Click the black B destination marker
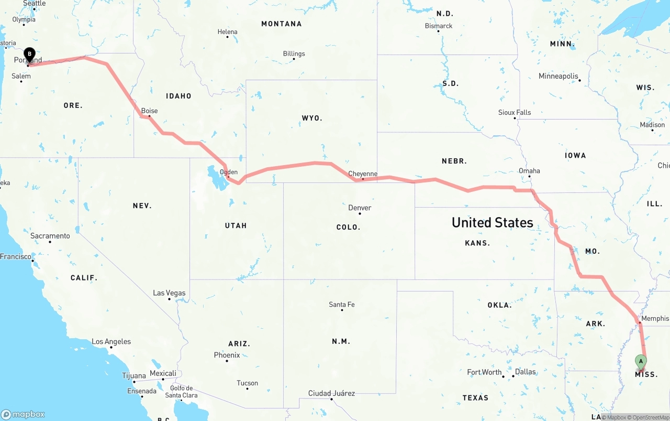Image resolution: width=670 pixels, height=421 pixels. tap(30, 54)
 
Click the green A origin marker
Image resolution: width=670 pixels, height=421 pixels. tap(641, 361)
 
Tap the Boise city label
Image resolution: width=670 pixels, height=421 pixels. tap(149, 111)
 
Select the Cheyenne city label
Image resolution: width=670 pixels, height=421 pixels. tap(363, 174)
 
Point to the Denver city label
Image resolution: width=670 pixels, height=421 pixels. tap(360, 208)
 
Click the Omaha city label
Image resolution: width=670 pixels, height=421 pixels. tap(529, 170)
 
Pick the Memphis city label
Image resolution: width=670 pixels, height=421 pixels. tap(655, 318)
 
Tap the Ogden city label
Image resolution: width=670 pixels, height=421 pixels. tap(229, 172)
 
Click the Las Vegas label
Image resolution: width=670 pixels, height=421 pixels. tap(169, 293)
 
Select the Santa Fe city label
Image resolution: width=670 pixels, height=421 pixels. tap(342, 304)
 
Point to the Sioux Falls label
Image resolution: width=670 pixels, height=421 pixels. tap(515, 112)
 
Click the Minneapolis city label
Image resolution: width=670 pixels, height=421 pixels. tap(559, 76)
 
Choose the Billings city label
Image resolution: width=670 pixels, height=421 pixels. tap(294, 53)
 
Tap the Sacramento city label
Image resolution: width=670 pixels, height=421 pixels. tap(50, 236)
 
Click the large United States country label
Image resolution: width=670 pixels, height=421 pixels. tap(493, 222)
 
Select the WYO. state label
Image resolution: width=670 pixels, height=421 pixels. tap(312, 118)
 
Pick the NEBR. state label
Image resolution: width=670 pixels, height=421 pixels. tap(454, 161)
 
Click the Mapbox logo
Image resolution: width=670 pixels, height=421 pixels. tap(23, 414)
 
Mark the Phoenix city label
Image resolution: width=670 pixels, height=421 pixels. tap(227, 355)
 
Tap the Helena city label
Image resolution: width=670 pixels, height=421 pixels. tap(227, 32)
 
